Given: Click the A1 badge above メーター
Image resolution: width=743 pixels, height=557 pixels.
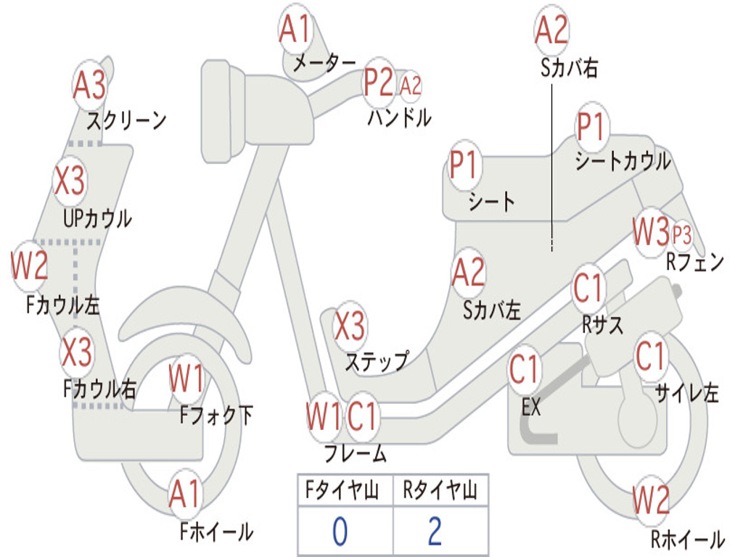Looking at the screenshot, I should tap(295, 31).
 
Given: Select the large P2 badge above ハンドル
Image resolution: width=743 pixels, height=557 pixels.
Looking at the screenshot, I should tap(379, 83).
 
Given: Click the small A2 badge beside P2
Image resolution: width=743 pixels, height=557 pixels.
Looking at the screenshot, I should tap(411, 86).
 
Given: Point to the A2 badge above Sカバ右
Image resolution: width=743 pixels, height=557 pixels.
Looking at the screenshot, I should tap(551, 30).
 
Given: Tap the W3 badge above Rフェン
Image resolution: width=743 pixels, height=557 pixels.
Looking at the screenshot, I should tap(650, 233).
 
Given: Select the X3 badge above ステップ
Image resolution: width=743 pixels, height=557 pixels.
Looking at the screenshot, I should tap(350, 326).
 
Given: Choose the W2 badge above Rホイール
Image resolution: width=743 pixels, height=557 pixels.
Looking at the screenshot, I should tap(651, 500).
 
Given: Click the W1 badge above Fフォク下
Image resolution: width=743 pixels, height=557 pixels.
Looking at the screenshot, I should tap(186, 379).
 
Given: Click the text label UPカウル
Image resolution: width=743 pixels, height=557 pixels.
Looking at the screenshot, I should tap(97, 218).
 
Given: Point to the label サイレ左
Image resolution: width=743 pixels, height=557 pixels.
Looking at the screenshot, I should tap(686, 394).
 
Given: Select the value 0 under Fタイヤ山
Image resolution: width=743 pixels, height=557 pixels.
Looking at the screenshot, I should tap(340, 532).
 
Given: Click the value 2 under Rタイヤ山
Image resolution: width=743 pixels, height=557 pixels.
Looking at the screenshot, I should tap(435, 532).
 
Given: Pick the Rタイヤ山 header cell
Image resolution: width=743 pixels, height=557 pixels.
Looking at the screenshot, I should tap(440, 492).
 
